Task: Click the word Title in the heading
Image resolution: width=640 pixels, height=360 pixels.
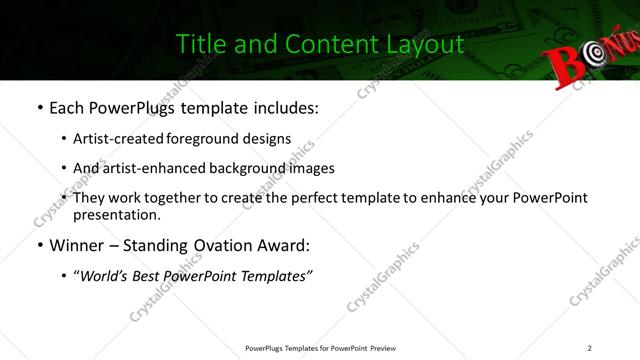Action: click(199, 45)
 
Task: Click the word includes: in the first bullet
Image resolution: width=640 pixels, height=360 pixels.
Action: click(283, 106)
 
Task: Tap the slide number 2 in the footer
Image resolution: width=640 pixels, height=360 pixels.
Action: click(590, 348)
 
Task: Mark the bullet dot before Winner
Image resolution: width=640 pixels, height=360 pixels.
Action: click(38, 245)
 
